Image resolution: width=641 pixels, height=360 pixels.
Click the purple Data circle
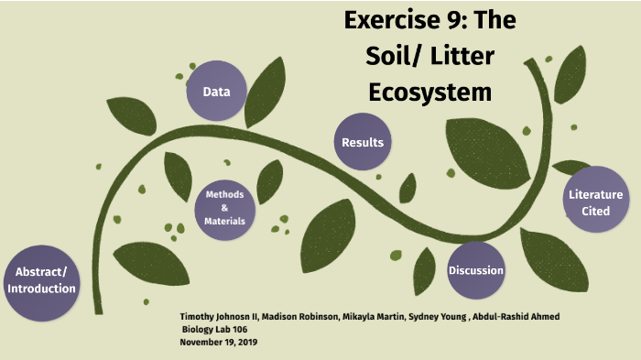[216, 92]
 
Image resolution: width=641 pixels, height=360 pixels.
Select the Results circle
[363, 143]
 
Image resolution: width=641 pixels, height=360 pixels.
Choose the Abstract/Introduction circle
[41, 280]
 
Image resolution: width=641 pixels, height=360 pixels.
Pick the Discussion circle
[476, 271]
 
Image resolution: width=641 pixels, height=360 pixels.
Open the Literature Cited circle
[595, 202]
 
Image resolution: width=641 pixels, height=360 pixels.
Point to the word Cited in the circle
[595, 211]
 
